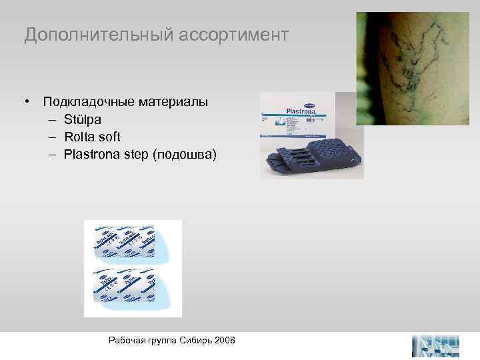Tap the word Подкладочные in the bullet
pyautogui.click(x=89, y=103)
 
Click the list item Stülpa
pyautogui.click(x=83, y=120)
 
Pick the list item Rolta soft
pyautogui.click(x=92, y=137)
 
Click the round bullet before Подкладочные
pyautogui.click(x=28, y=103)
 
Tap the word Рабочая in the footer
pyautogui.click(x=126, y=341)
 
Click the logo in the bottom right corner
pyautogui.click(x=436, y=345)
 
